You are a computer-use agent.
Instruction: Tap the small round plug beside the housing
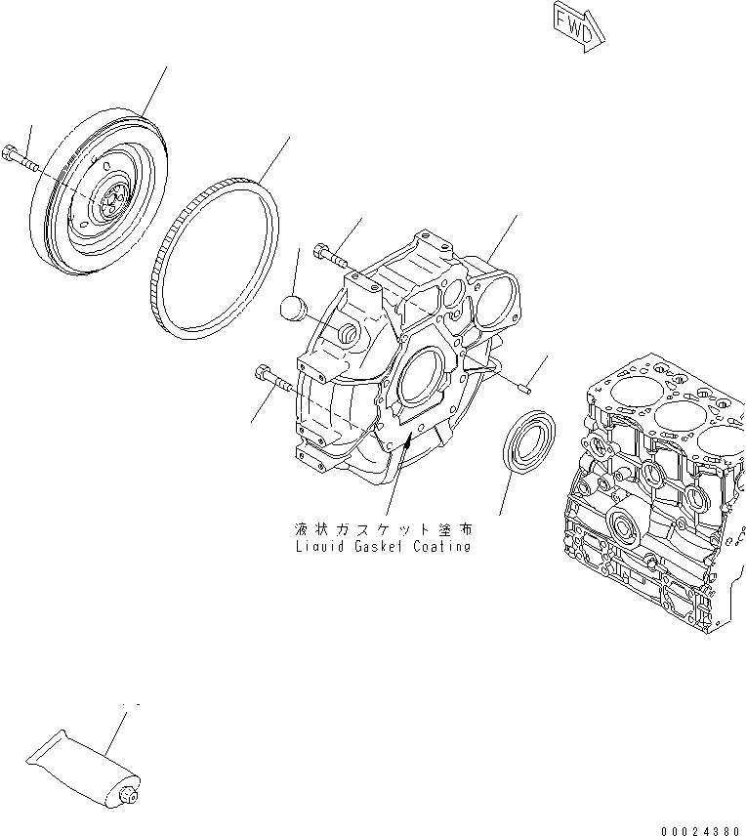tap(292, 309)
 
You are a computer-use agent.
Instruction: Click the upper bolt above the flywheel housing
tap(330, 258)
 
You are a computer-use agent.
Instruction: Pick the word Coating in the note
tap(444, 547)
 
